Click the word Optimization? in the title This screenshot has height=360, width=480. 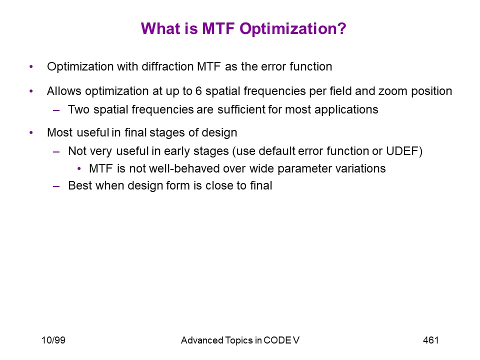[292, 29]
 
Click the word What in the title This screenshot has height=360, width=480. [160, 28]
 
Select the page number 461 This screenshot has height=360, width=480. [430, 340]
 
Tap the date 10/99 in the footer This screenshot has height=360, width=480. [53, 340]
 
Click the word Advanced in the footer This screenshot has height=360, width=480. [201, 340]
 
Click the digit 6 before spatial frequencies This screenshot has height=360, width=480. [198, 91]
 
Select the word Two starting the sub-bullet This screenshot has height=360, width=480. [78, 109]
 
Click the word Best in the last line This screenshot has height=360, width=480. [80, 185]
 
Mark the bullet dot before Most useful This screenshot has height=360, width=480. [31, 132]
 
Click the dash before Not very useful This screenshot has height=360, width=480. [56, 151]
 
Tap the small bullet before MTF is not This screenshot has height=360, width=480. [79, 168]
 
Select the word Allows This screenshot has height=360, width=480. [64, 91]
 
